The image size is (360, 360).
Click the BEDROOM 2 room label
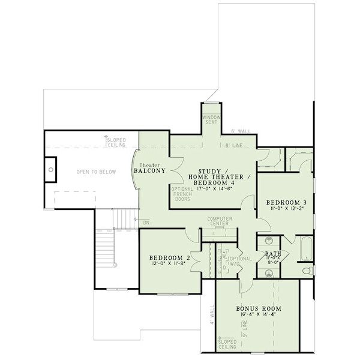tap(170, 258)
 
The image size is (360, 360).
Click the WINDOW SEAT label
tap(211, 119)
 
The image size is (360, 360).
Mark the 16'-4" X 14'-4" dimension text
tap(259, 314)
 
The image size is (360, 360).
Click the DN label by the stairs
tap(145, 223)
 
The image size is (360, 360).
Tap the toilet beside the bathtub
tap(307, 271)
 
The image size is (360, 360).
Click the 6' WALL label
tap(240, 130)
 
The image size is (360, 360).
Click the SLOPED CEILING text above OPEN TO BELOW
tap(116, 142)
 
